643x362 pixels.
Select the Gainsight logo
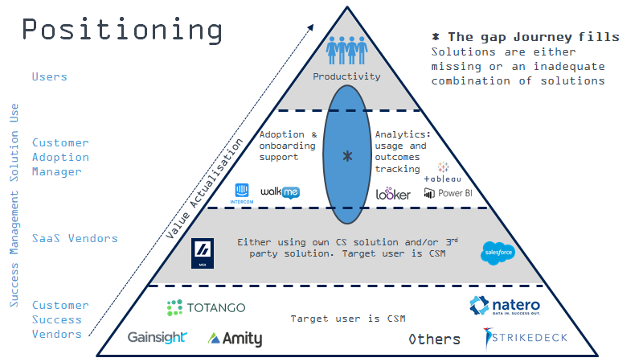[157, 338]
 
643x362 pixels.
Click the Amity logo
[235, 339]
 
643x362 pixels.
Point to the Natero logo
[504, 307]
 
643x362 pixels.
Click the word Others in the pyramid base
[434, 339]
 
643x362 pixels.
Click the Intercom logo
[242, 193]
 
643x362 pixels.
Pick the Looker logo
[393, 193]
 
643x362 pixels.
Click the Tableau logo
[443, 172]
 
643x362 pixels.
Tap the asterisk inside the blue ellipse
[347, 156]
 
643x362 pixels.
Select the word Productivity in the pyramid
[347, 76]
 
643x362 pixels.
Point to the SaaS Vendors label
[75, 238]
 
